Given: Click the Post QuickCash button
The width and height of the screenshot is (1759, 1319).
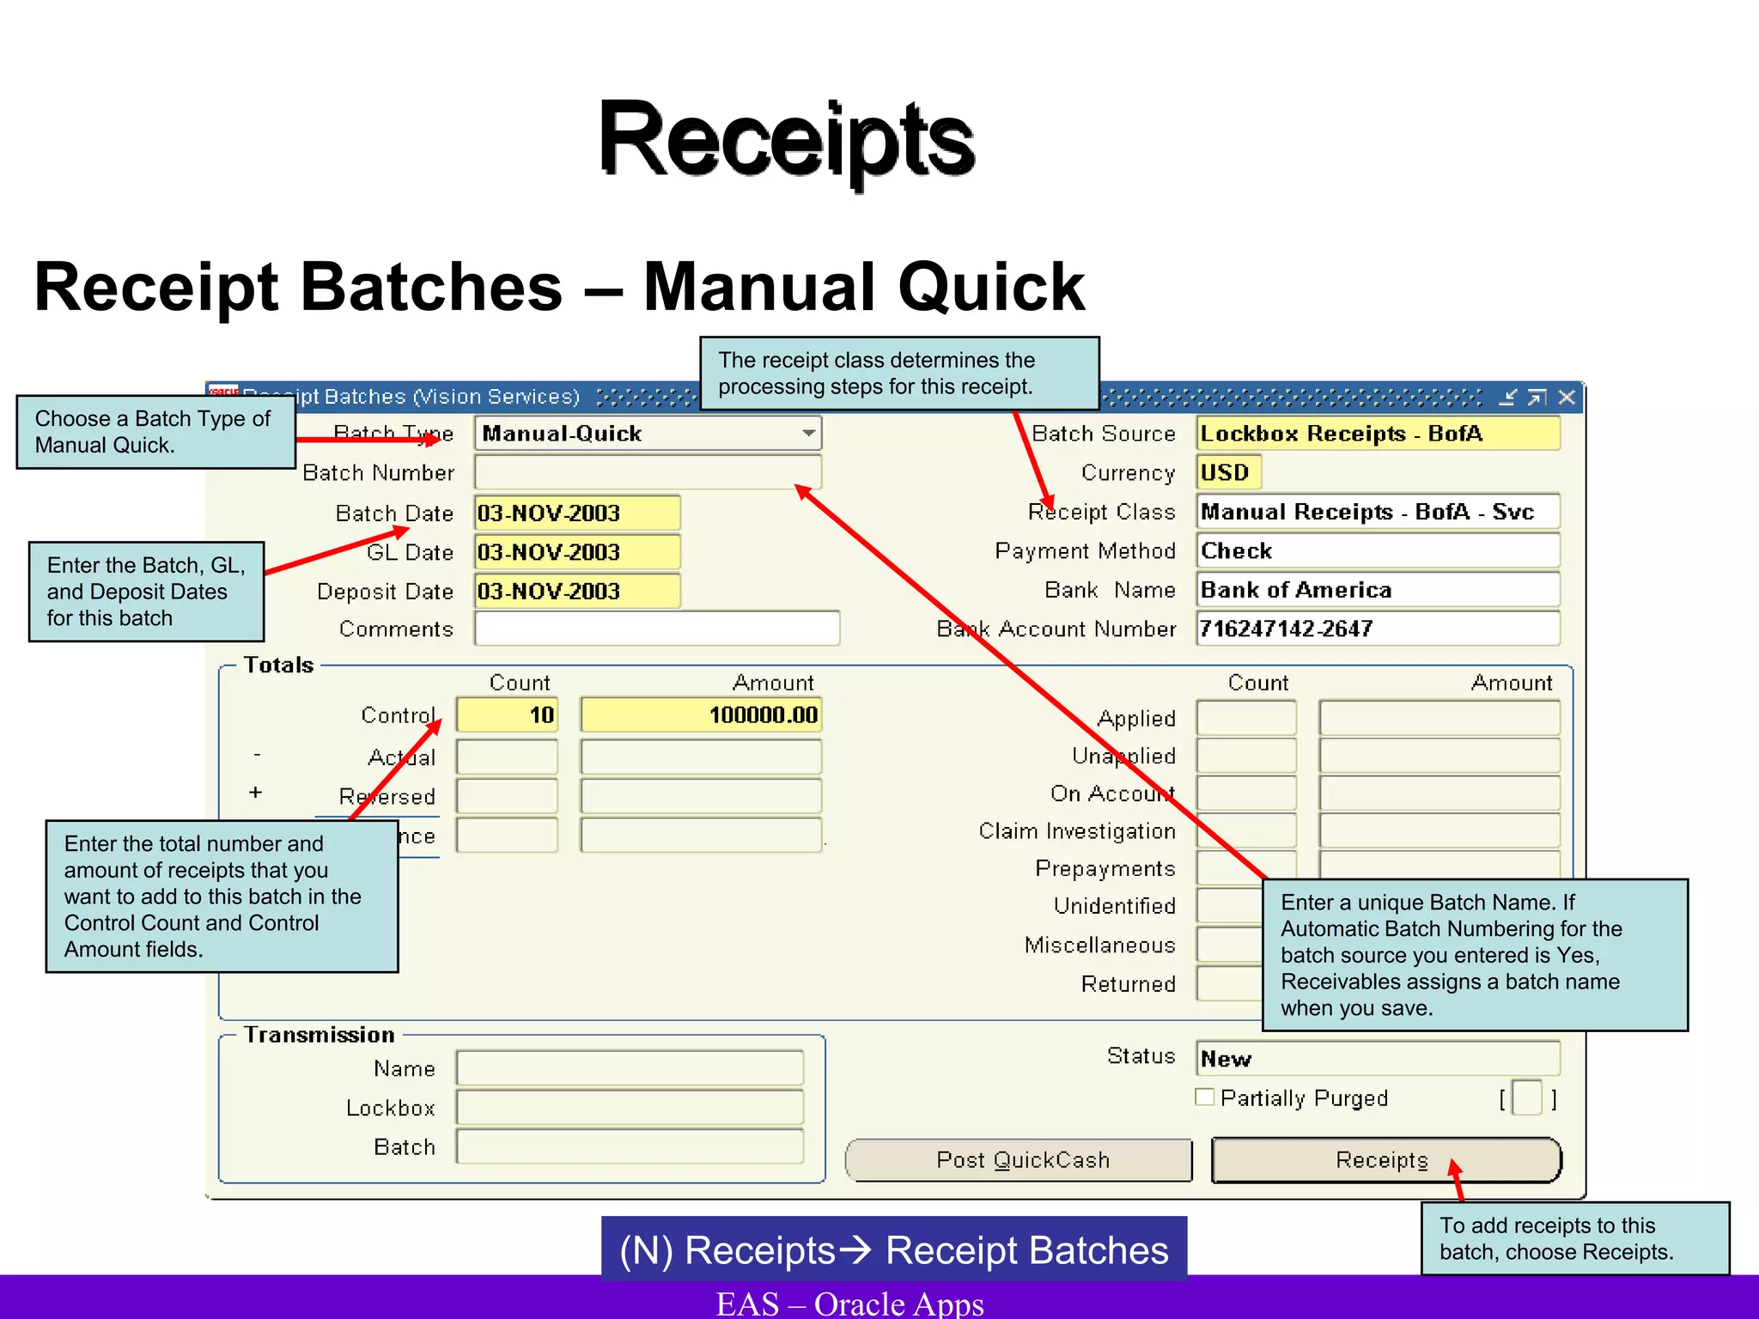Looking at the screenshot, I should click(x=1019, y=1160).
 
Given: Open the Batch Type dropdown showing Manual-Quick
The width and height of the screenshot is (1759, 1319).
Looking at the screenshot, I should click(x=808, y=433).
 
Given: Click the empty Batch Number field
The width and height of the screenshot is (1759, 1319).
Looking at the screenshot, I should click(x=647, y=472).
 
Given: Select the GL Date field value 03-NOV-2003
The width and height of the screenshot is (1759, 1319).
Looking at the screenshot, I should click(x=576, y=552).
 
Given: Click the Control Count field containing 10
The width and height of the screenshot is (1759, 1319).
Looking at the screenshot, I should click(x=507, y=714).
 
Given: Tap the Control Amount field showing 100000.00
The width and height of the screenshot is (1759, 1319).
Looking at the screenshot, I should click(x=701, y=714).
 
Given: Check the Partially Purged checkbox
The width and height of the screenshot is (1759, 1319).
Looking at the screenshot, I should click(x=1205, y=1097).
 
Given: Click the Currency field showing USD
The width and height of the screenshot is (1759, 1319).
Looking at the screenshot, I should click(x=1228, y=472).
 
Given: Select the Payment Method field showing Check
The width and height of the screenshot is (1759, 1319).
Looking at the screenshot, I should click(x=1377, y=550).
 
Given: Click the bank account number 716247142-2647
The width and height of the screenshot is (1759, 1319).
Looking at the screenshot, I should click(x=1377, y=629).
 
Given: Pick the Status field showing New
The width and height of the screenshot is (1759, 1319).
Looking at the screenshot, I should click(x=1377, y=1058).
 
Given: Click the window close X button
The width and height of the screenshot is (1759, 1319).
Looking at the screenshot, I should click(x=1567, y=397).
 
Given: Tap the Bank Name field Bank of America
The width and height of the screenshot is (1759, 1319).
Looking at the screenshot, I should click(x=1377, y=590).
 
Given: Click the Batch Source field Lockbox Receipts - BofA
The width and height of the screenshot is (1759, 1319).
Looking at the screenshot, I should click(x=1377, y=433).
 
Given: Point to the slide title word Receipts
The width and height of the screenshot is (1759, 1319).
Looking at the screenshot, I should click(x=786, y=139).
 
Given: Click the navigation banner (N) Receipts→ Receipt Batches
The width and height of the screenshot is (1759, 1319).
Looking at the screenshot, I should click(x=893, y=1249).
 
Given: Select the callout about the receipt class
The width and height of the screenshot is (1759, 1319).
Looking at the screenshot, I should click(x=899, y=373).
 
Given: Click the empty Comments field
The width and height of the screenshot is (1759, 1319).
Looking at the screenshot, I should click(x=656, y=629).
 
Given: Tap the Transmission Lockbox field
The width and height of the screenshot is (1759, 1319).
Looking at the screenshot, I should click(x=630, y=1108).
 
